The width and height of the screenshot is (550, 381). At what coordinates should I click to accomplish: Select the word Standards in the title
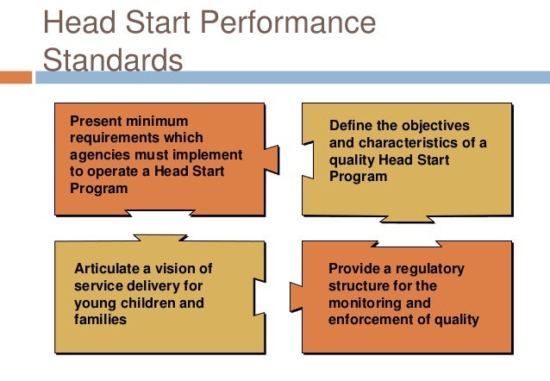click(x=112, y=60)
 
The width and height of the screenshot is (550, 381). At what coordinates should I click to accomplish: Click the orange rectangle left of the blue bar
click(x=16, y=77)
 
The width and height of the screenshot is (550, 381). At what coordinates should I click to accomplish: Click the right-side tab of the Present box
click(x=272, y=159)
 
